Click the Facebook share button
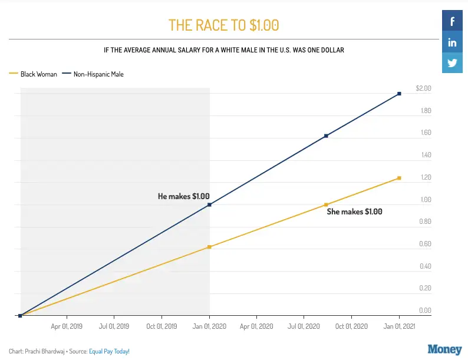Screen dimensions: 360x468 [x=453, y=22]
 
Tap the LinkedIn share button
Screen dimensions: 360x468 [x=453, y=42]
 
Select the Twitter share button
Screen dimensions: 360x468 [x=453, y=63]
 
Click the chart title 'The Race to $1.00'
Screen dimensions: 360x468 [x=223, y=25]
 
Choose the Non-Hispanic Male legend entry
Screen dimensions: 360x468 [x=98, y=74]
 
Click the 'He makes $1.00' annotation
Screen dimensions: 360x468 [x=183, y=196]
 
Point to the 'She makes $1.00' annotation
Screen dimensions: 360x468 [x=354, y=212]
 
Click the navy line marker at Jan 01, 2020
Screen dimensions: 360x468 [x=209, y=205]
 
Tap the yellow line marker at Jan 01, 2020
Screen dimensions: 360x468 [x=209, y=247]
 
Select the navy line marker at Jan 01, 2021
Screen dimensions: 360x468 [x=399, y=94]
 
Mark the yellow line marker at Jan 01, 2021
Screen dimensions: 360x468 [x=399, y=178]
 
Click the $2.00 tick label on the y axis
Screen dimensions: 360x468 [x=423, y=89]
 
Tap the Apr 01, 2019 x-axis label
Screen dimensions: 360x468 [x=67, y=326]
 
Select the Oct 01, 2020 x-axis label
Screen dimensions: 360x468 [x=351, y=326]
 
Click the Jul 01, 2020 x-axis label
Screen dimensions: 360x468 [x=304, y=326]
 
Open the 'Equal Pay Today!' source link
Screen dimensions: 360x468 [x=109, y=351]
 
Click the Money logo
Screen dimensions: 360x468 [x=444, y=349]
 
